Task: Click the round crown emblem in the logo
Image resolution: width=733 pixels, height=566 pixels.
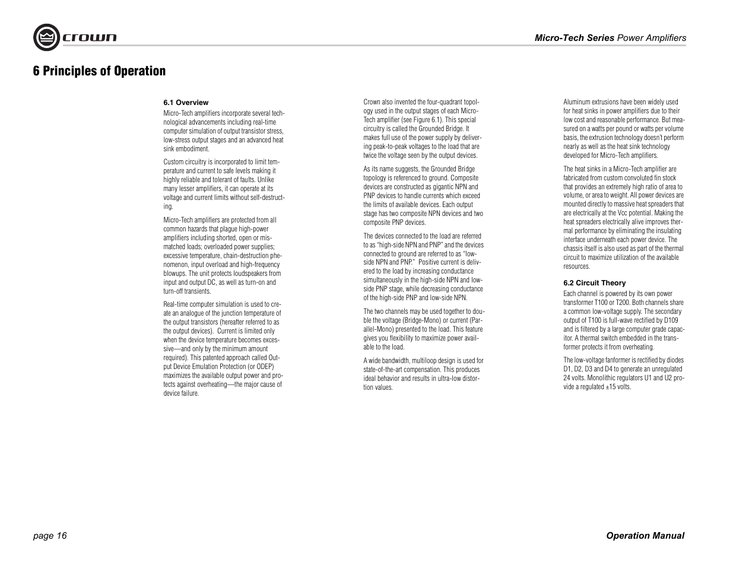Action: tap(45, 37)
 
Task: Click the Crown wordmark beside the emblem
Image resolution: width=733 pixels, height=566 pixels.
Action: tap(90, 38)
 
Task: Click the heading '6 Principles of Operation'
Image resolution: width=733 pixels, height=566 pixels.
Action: tap(99, 71)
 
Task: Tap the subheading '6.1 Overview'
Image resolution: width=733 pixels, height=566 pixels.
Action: tap(186, 103)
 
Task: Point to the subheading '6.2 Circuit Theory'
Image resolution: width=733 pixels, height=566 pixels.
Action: tap(594, 283)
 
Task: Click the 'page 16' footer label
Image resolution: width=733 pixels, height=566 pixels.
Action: tap(50, 536)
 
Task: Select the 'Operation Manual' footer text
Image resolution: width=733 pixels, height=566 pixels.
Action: tap(645, 536)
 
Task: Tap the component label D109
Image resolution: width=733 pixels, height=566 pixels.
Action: tap(669, 320)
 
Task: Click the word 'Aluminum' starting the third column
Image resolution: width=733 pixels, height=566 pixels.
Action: tap(576, 102)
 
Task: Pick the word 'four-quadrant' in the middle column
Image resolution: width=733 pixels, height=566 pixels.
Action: tap(445, 102)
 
